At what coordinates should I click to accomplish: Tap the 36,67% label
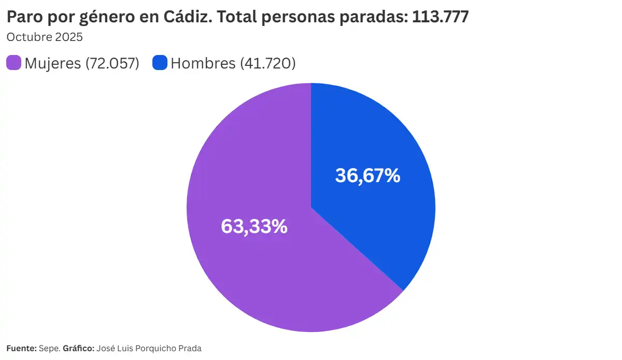tap(367, 175)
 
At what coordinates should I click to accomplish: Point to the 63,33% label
tap(254, 226)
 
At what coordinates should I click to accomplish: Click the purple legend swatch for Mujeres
tap(13, 63)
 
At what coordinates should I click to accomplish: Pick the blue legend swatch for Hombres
tap(160, 63)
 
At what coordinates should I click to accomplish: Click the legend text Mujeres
tap(52, 63)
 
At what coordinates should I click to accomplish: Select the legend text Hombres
tap(203, 63)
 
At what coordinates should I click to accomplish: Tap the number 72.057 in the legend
tap(112, 63)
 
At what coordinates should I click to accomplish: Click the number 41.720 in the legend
tap(268, 63)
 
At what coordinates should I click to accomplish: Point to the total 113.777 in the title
tap(440, 17)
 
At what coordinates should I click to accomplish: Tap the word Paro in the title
tap(23, 17)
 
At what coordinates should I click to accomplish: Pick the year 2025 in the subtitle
tap(69, 37)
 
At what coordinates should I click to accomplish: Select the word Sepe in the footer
tap(49, 349)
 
